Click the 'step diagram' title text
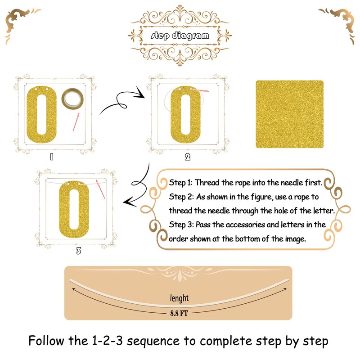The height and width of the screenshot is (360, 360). coord(180,36)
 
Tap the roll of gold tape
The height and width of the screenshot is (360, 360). coord(72,99)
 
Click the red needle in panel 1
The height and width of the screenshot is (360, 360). coord(76,122)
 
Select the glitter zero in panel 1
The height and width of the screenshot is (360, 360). coord(41,115)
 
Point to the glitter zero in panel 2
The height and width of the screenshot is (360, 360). coord(185,115)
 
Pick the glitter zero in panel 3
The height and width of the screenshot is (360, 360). coord(74,209)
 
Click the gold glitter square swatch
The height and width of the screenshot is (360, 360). coord(289,114)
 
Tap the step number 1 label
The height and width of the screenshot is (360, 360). coord(52,157)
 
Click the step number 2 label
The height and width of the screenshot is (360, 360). coord(188,157)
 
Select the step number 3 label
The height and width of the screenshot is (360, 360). coord(78,251)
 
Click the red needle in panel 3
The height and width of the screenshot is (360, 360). coord(100,189)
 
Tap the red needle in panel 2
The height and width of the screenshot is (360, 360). coord(199,90)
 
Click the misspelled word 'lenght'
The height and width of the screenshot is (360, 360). coord(179,298)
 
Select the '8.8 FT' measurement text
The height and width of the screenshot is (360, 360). coord(179,313)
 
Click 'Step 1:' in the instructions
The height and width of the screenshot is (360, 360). coord(181,183)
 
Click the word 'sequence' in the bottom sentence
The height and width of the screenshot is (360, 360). coord(153,341)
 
